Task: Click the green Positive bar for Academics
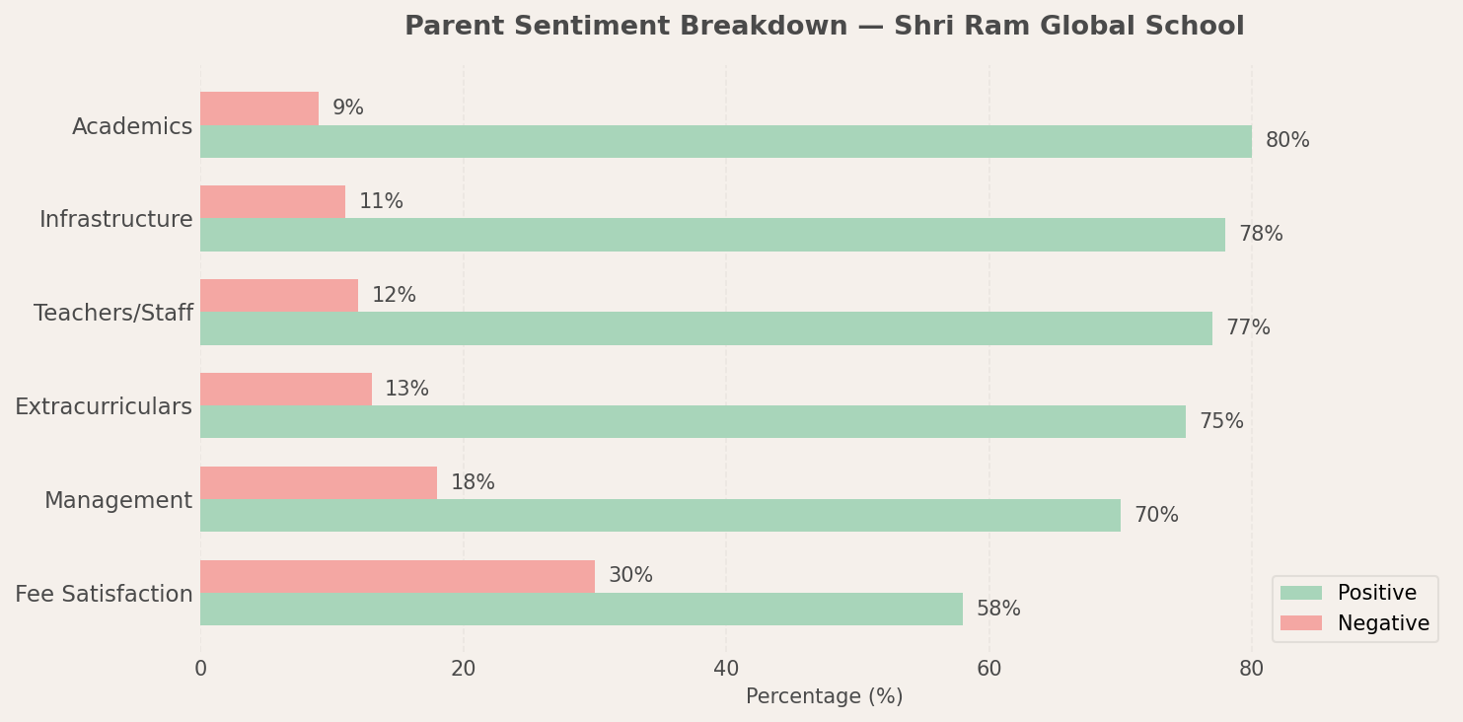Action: pyautogui.click(x=726, y=141)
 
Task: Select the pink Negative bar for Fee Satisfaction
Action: pyautogui.click(x=398, y=576)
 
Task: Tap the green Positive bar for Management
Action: pyautogui.click(x=660, y=515)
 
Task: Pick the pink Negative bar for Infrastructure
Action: pyautogui.click(x=272, y=202)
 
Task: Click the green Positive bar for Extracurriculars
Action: pyautogui.click(x=693, y=421)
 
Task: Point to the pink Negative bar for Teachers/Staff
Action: pyautogui.click(x=279, y=295)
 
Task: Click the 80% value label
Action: pyautogui.click(x=1287, y=141)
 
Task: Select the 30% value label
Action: pyautogui.click(x=630, y=576)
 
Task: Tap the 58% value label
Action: pyautogui.click(x=998, y=610)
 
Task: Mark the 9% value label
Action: pyautogui.click(x=348, y=108)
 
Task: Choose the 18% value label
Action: pyautogui.click(x=473, y=483)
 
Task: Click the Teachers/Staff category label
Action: pyautogui.click(x=113, y=314)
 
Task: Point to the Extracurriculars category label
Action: pyautogui.click(x=104, y=407)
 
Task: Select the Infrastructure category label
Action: pyautogui.click(x=116, y=220)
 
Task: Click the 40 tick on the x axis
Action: pyautogui.click(x=726, y=670)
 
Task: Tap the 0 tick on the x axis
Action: pyautogui.click(x=200, y=670)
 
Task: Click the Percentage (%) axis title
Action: pyautogui.click(x=824, y=697)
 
